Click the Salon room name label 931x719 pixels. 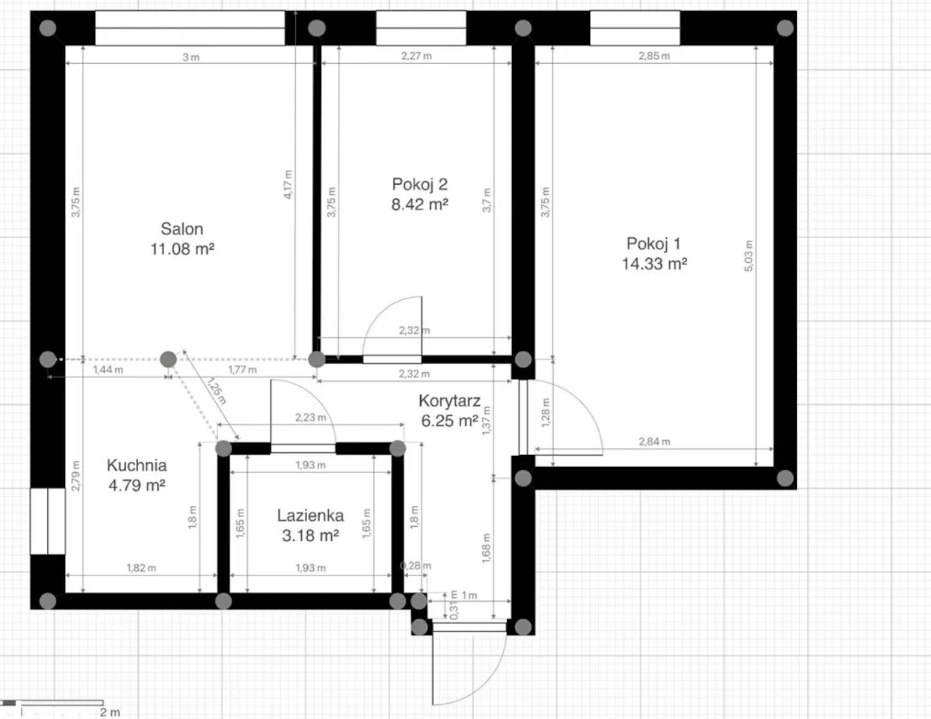[182, 229]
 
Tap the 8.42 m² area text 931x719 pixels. [420, 204]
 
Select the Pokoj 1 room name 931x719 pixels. [654, 243]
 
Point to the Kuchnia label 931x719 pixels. [136, 465]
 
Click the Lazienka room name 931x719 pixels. [310, 516]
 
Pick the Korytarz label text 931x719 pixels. [450, 401]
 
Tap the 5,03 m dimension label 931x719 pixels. [749, 256]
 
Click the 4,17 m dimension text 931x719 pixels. [288, 185]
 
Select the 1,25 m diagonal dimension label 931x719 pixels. [216, 391]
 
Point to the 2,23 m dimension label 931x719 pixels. [310, 417]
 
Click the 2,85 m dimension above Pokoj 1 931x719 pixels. [654, 56]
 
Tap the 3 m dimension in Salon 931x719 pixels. [191, 57]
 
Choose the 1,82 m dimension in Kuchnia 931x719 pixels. [142, 568]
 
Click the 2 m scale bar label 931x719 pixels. [110, 712]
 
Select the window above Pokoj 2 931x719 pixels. [421, 28]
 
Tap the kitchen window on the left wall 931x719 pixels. [47, 521]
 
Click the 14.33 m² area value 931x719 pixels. [654, 264]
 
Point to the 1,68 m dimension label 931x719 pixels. [486, 548]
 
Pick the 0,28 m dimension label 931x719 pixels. [416, 566]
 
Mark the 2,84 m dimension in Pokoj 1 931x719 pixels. [654, 442]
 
